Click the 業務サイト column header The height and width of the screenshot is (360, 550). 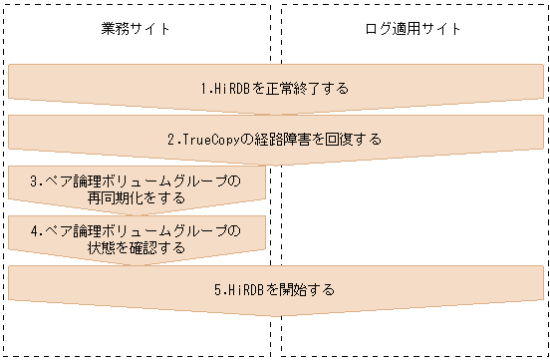[137, 28]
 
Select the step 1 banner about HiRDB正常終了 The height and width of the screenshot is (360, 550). [274, 88]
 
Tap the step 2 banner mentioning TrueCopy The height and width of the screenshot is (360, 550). [274, 139]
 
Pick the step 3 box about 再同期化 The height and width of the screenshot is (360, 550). [136, 189]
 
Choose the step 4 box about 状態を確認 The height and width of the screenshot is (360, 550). [136, 240]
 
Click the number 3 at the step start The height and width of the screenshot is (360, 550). [34, 181]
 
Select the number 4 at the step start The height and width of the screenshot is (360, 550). [34, 232]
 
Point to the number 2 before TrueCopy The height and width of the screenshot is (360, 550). [170, 139]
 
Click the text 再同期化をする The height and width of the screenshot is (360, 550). [136, 197]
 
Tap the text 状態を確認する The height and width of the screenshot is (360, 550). [136, 248]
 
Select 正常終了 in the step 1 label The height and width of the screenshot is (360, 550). [289, 88]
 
